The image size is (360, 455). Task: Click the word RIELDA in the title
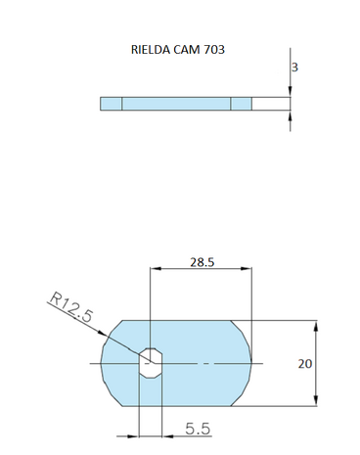click(151, 49)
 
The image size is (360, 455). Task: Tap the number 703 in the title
click(214, 49)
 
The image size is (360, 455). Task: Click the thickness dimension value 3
click(295, 68)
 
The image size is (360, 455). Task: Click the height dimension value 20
click(305, 362)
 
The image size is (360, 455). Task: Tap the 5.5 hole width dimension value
click(199, 428)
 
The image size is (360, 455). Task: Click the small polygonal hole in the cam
click(149, 362)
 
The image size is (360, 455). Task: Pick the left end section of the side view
click(111, 104)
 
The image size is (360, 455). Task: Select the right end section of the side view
click(242, 104)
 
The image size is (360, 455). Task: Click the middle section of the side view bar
click(176, 104)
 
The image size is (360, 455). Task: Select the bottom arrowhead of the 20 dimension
click(315, 401)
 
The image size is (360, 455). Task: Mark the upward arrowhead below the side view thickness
click(291, 115)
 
